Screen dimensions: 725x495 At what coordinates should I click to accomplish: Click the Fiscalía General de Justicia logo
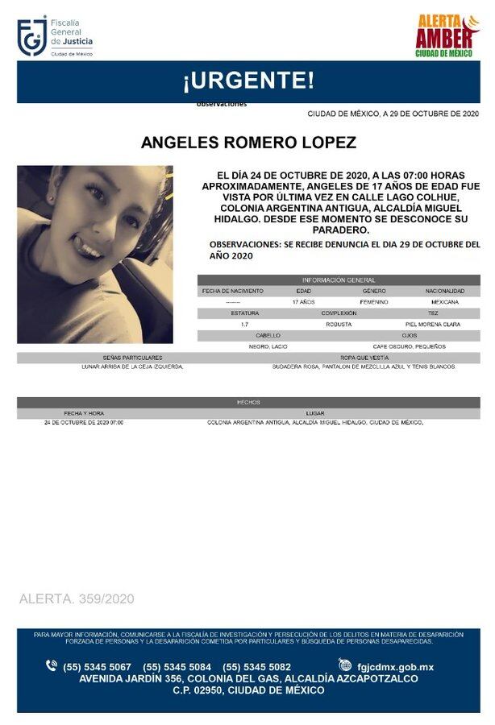(55, 36)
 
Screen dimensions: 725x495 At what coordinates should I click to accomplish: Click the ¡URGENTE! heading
(247, 81)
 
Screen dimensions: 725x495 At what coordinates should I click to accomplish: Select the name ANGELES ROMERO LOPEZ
(247, 143)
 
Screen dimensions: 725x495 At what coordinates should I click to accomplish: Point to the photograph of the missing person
(95, 255)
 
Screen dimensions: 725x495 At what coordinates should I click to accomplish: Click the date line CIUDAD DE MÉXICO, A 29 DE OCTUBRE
(393, 114)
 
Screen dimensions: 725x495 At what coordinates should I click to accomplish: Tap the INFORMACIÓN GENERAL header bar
(338, 280)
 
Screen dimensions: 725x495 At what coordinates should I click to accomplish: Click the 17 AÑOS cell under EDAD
(303, 301)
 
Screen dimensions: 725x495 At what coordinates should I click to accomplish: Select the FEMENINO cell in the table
(374, 301)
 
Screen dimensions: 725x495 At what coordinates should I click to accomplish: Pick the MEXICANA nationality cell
(444, 301)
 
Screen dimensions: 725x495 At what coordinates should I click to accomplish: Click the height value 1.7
(244, 324)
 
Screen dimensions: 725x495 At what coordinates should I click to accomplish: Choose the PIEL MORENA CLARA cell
(433, 324)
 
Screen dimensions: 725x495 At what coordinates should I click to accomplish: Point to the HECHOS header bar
(247, 400)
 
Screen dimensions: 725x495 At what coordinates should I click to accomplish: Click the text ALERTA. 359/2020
(77, 599)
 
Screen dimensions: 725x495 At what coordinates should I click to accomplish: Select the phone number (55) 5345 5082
(256, 666)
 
